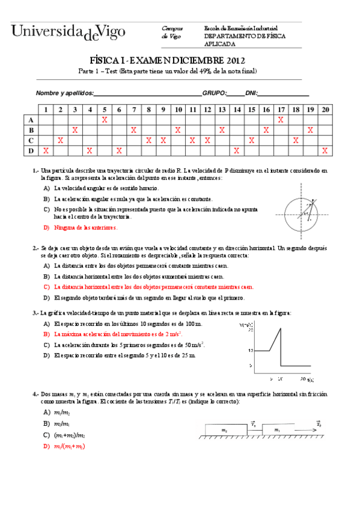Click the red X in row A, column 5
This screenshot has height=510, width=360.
[x=105, y=120]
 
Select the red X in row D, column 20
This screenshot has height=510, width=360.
[x=325, y=150]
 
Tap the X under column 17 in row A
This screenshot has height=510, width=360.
[x=281, y=120]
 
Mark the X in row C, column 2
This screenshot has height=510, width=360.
[x=60, y=140]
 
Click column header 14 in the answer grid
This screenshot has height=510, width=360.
[x=237, y=109]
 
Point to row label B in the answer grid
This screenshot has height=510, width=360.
[x=31, y=130]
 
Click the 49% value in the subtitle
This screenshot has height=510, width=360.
[x=193, y=71]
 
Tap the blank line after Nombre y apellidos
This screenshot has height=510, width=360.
[x=148, y=94]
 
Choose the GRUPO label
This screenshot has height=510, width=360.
[x=213, y=93]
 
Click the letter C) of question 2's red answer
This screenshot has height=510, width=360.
[x=46, y=287]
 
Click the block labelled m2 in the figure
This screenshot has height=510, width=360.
[x=224, y=429]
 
